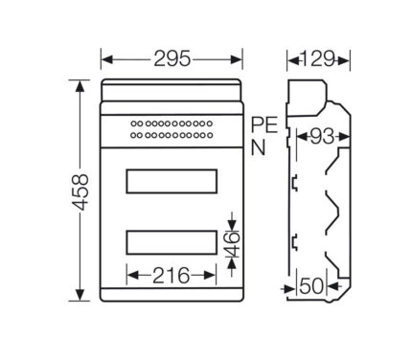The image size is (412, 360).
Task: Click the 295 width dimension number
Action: (x=172, y=58)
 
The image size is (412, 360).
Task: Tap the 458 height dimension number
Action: (x=80, y=191)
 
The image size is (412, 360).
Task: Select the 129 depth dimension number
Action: (x=318, y=58)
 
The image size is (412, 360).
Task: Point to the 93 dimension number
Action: (x=322, y=137)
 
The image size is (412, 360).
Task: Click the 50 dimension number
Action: (x=311, y=286)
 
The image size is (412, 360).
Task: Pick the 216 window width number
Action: (x=172, y=276)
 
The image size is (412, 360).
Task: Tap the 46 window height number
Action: (x=233, y=244)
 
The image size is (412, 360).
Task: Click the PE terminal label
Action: (x=264, y=124)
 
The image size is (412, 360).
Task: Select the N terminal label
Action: (x=258, y=147)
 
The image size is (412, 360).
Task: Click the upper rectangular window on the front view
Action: (x=172, y=181)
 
